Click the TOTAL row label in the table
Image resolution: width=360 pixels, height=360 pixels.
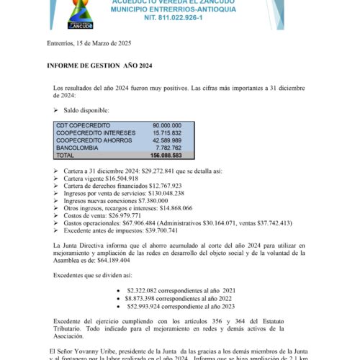point(66,155)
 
